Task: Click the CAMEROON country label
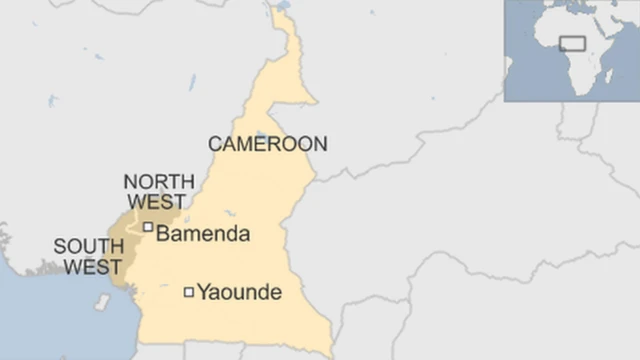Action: pos(267,144)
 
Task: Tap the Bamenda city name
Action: pos(203,234)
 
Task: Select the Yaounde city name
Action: pos(239,293)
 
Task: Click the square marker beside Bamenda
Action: pos(148,227)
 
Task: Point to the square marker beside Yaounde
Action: pos(188,292)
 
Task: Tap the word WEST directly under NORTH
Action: pos(154,200)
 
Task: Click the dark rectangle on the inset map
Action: pos(572,43)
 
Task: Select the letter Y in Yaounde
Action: pos(203,293)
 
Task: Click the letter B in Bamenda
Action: pos(164,234)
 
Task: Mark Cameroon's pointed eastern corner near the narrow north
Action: pos(316,101)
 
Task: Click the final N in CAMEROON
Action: pos(319,144)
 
